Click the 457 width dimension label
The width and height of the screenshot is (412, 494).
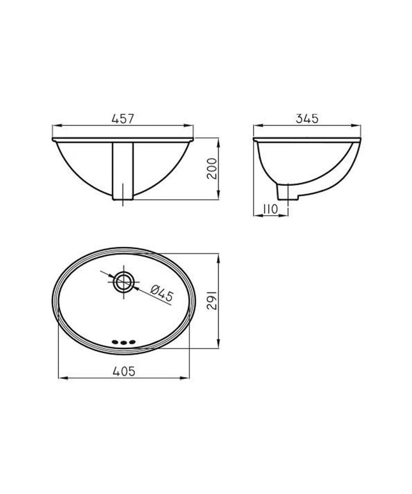coord(123,119)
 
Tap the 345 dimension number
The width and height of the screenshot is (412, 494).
coord(307,119)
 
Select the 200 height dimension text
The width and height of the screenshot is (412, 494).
coord(212,168)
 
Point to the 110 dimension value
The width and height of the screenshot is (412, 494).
coord(270,209)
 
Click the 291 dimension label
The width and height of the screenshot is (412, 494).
coord(212,301)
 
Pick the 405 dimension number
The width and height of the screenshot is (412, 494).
coord(124,371)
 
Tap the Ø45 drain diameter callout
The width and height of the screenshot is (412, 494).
coord(162,293)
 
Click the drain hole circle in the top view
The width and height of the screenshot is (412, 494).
coord(123,281)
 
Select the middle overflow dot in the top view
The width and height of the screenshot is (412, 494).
coord(123,342)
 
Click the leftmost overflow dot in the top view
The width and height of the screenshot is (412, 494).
coord(116,342)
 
